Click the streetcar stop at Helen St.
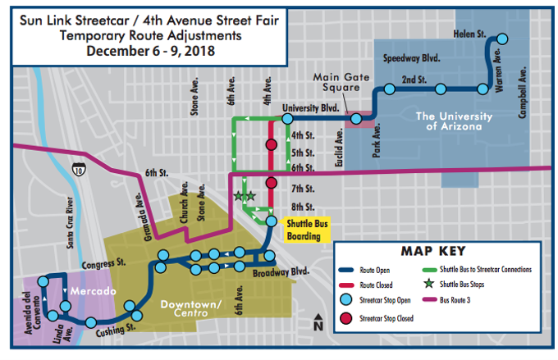[x=502, y=38]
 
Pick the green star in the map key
[x=428, y=285]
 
